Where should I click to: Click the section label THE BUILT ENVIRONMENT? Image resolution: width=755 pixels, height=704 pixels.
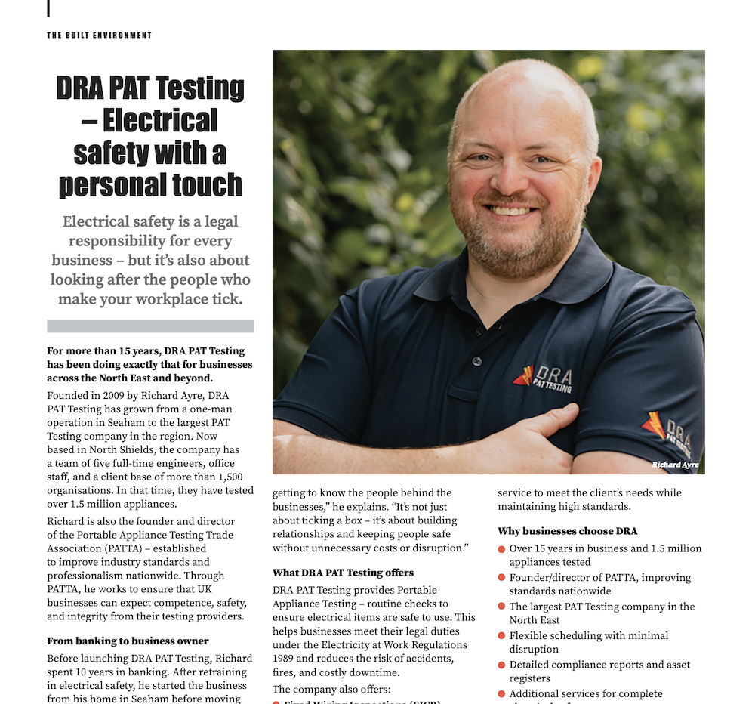click(x=99, y=36)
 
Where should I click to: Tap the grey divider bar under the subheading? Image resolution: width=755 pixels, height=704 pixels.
click(x=150, y=326)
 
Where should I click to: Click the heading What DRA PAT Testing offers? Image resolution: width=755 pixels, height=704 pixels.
click(x=343, y=573)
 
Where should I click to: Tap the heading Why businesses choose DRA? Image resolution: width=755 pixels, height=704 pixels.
click(x=567, y=531)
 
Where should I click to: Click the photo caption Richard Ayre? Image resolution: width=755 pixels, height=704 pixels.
click(x=675, y=465)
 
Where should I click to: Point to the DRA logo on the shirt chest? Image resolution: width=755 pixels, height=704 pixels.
click(x=543, y=378)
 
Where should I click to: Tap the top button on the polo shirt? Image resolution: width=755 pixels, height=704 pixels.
click(x=476, y=361)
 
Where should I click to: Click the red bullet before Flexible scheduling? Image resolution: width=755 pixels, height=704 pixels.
click(x=502, y=637)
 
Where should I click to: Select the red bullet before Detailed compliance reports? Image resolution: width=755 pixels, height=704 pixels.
click(x=502, y=665)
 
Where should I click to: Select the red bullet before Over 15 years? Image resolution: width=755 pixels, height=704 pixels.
click(x=502, y=549)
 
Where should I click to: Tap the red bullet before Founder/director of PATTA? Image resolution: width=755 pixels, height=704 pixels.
click(x=502, y=578)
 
